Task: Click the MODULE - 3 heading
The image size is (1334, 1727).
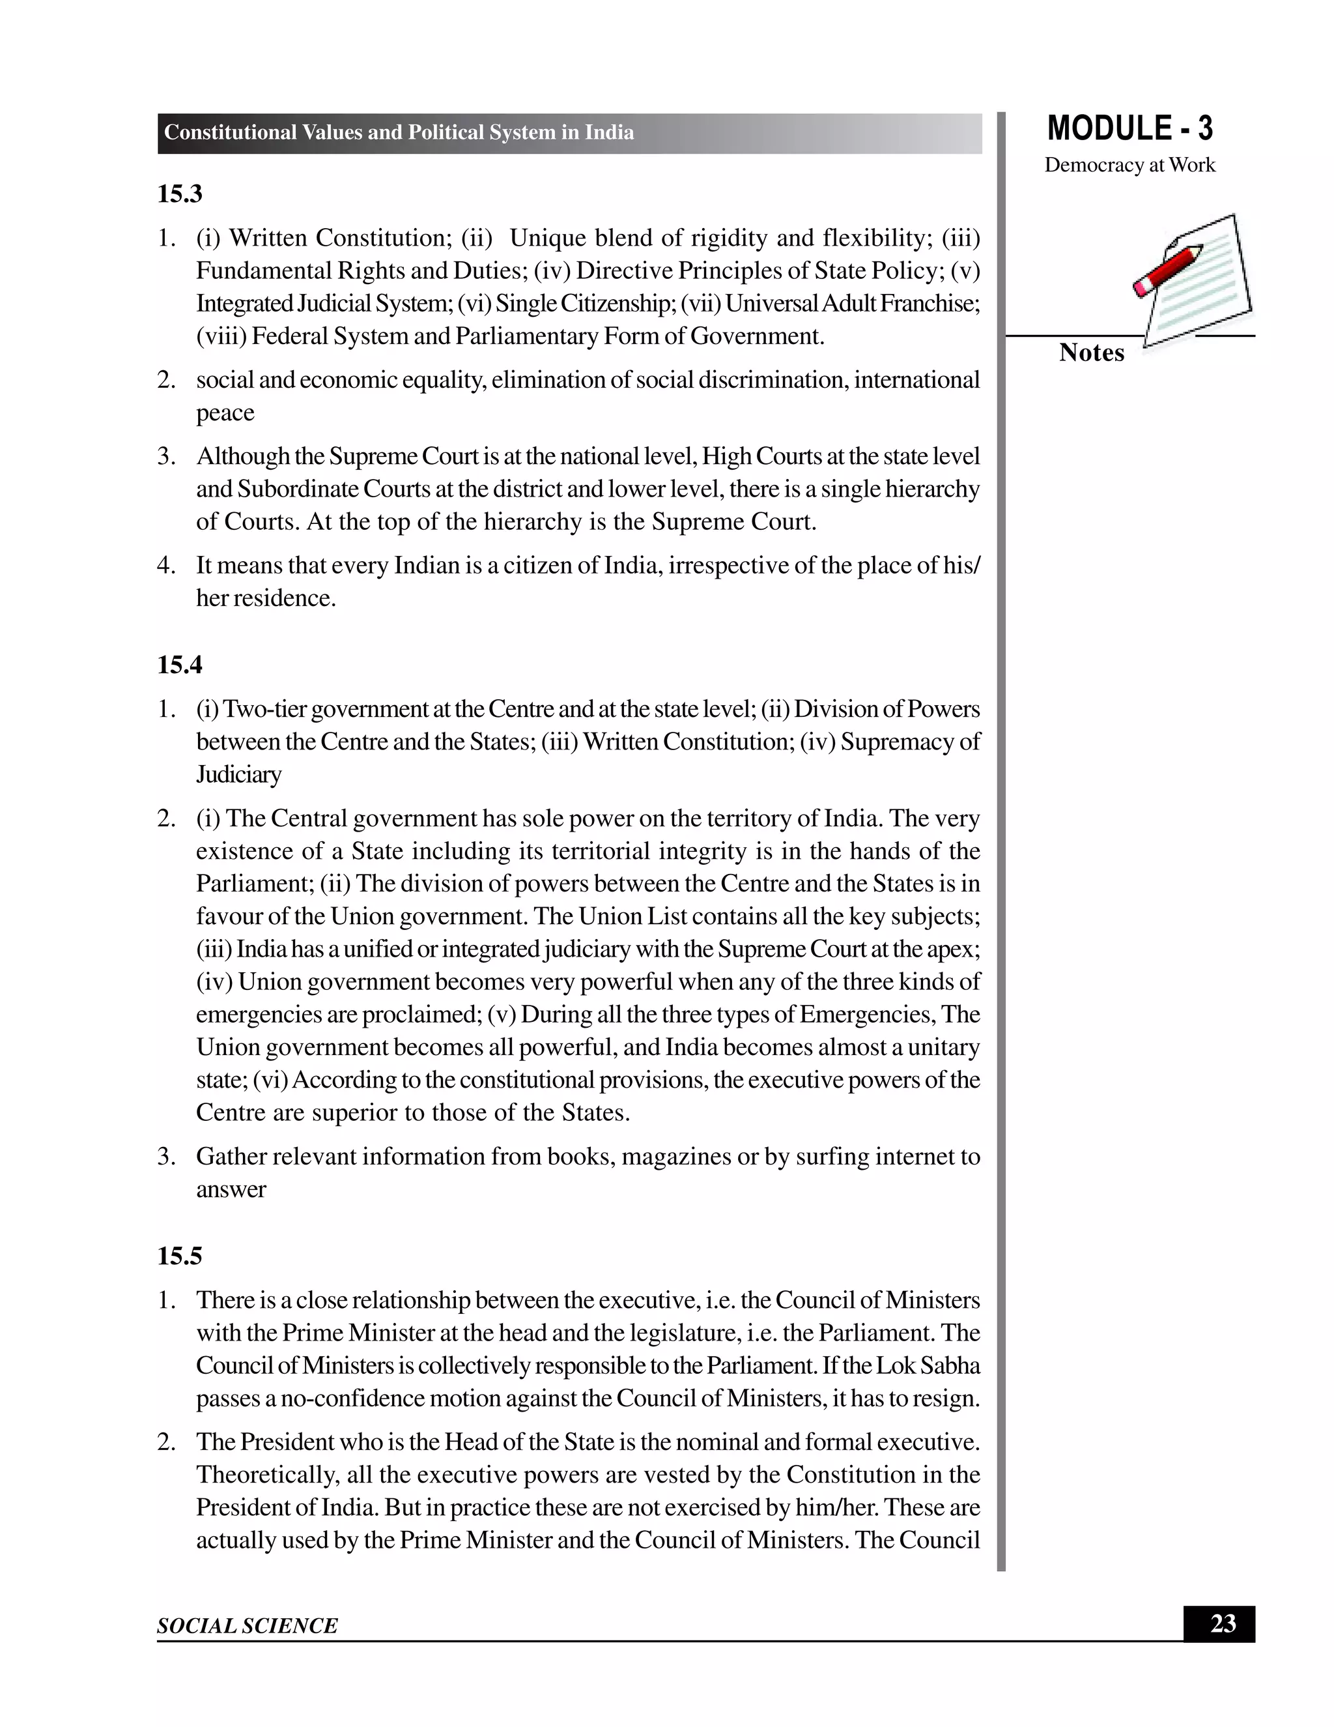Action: (x=1129, y=129)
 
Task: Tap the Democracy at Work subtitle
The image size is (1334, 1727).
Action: (x=1129, y=166)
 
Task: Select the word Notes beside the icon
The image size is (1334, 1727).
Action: (x=1092, y=353)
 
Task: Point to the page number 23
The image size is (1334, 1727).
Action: (x=1223, y=1623)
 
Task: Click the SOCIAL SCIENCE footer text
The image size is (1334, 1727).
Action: (x=247, y=1626)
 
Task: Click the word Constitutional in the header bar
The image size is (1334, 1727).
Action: (x=230, y=133)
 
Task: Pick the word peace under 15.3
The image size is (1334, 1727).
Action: (x=225, y=413)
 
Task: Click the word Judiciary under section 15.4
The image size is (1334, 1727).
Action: (x=238, y=775)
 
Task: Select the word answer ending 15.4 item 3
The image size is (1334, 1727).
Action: (x=231, y=1189)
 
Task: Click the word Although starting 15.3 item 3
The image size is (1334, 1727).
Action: (x=244, y=456)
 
